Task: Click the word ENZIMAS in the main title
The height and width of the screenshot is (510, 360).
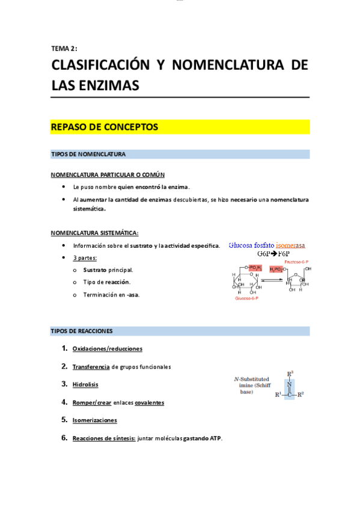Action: pyautogui.click(x=109, y=85)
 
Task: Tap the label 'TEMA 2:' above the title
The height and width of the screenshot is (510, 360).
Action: pyautogui.click(x=64, y=49)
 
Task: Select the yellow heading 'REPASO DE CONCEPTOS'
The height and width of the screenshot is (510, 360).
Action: pyautogui.click(x=104, y=127)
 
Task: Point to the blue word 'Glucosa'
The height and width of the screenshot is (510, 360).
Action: pyautogui.click(x=243, y=245)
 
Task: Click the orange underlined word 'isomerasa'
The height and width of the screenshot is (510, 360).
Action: pyautogui.click(x=290, y=245)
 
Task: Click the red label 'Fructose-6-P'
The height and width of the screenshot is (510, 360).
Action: pyautogui.click(x=297, y=262)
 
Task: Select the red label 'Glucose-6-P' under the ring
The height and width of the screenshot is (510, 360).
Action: pyautogui.click(x=246, y=298)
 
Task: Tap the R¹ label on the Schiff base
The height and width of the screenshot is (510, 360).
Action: pyautogui.click(x=278, y=395)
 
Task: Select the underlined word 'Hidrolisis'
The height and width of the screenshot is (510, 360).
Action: pyautogui.click(x=85, y=384)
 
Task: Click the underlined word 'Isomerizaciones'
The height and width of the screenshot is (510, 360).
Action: pyautogui.click(x=94, y=420)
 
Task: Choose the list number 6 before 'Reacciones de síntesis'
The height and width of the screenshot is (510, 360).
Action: pyautogui.click(x=64, y=438)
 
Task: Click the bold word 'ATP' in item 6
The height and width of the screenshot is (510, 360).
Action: pyautogui.click(x=216, y=438)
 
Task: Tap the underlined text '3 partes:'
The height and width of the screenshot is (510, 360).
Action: pyautogui.click(x=85, y=258)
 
